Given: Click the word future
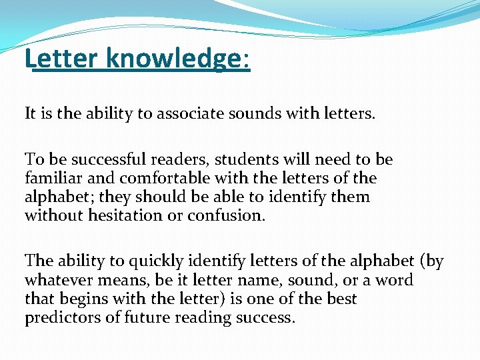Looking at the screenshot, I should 147,318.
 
